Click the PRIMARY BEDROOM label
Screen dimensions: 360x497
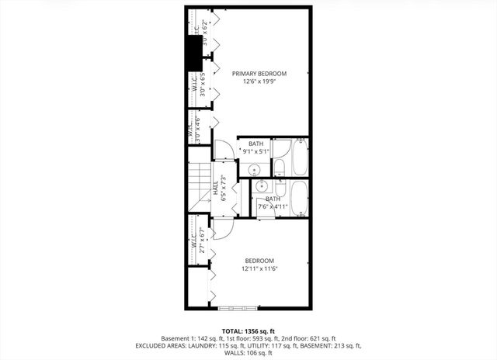259,74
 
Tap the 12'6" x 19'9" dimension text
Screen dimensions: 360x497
259,83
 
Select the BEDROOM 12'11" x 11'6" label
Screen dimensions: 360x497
259,265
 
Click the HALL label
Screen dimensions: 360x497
215,188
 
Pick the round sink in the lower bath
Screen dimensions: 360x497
262,186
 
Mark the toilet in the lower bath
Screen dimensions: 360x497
281,190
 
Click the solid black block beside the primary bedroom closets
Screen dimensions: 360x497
191,53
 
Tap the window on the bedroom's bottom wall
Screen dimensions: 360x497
237,308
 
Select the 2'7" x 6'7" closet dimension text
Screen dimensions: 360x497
202,241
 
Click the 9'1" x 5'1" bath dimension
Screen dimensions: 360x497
255,151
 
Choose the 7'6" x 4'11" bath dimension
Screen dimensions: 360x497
273,206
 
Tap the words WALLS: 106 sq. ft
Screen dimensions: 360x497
248,353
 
